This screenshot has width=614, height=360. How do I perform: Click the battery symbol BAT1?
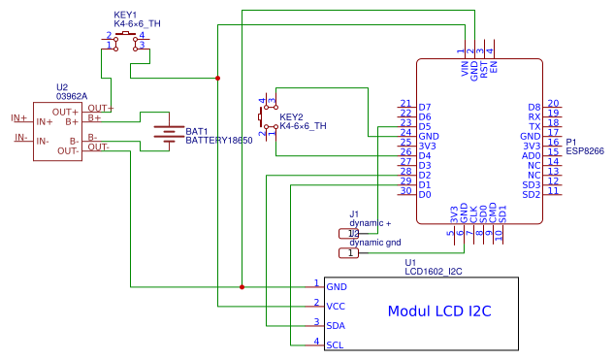click(169, 135)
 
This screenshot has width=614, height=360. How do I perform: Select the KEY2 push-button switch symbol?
click(267, 116)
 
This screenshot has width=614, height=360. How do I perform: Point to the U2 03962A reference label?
click(71, 91)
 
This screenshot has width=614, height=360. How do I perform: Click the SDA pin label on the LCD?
click(336, 325)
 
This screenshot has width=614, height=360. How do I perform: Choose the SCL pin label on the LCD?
click(335, 344)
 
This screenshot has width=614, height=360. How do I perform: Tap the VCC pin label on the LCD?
click(336, 306)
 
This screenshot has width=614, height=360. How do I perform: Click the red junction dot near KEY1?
click(217, 78)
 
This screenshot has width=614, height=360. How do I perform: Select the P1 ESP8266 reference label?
click(584, 147)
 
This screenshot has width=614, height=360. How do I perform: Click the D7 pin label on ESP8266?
click(425, 107)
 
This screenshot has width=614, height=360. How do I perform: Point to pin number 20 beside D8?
click(553, 104)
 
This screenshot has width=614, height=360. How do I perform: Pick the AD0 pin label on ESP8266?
click(531, 155)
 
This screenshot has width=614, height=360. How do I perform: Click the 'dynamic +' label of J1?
click(370, 223)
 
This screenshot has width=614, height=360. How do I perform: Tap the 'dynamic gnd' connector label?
click(373, 243)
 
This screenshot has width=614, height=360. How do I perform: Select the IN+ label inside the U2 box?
click(45, 122)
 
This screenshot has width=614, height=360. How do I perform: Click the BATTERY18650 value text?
click(218, 141)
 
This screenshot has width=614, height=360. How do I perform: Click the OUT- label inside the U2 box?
click(68, 150)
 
